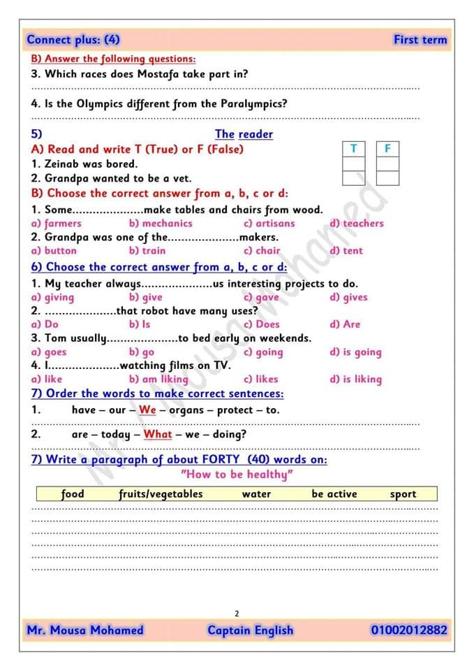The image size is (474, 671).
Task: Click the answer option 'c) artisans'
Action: click(x=269, y=224)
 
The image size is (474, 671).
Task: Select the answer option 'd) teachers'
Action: click(x=356, y=224)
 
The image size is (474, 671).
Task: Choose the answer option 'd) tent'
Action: click(x=346, y=250)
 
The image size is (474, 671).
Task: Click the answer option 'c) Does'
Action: click(x=262, y=324)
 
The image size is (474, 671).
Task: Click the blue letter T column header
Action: click(x=354, y=149)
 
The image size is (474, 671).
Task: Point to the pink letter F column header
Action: click(x=387, y=149)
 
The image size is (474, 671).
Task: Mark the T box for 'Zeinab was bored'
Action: click(x=354, y=164)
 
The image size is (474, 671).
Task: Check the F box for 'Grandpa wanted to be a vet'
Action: click(x=387, y=178)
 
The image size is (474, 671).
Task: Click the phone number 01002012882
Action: click(x=409, y=630)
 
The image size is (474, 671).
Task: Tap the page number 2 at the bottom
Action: click(x=237, y=614)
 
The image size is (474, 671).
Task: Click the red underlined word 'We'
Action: click(x=147, y=410)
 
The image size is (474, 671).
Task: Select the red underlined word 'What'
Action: click(x=158, y=434)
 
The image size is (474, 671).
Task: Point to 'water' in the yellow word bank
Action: click(x=256, y=494)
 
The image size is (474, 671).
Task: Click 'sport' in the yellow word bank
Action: click(x=403, y=494)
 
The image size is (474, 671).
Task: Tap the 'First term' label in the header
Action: click(x=420, y=40)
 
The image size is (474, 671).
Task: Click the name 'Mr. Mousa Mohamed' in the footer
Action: click(x=85, y=630)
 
